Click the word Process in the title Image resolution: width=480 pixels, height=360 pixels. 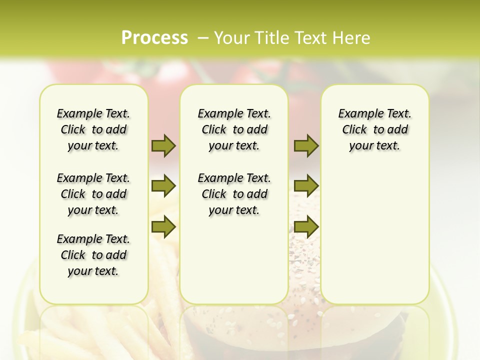pos(154,37)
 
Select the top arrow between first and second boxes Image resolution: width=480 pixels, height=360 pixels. pos(163,145)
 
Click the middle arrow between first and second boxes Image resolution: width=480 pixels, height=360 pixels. pos(163,186)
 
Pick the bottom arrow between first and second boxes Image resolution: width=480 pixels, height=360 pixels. pos(163,227)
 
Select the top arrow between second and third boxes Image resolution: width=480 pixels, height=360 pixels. pos(306,145)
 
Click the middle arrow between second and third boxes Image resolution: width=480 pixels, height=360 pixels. pos(306,186)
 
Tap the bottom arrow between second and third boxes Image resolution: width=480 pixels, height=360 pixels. pos(306,227)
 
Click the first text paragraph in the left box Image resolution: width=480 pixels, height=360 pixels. pos(93,129)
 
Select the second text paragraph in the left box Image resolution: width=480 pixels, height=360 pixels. pos(93,194)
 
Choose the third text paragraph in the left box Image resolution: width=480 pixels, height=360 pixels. pos(93,255)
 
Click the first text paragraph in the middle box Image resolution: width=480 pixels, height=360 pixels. pos(234,129)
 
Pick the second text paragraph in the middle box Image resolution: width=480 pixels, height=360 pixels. pos(234,194)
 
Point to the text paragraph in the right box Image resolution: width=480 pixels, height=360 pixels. pos(375,129)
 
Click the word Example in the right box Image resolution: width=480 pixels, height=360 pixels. pos(358,114)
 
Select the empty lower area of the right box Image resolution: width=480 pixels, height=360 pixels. pos(375,235)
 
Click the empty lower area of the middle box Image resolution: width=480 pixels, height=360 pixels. pos(234,265)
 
